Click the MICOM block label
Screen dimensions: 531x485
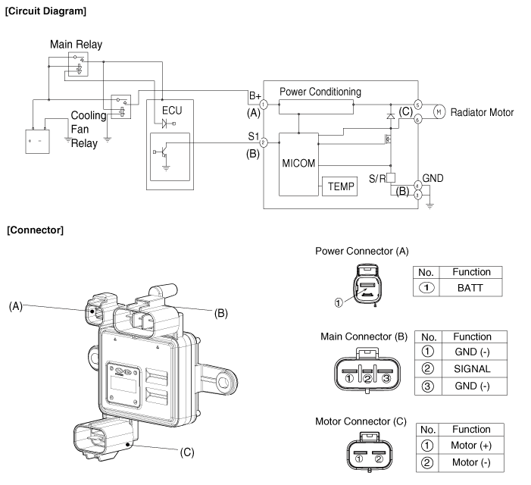tap(298, 163)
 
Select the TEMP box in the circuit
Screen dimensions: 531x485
tap(339, 186)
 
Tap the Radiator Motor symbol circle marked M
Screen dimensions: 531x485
tap(439, 112)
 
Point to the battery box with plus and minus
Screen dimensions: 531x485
tap(38, 141)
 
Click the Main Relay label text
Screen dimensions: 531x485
tap(77, 45)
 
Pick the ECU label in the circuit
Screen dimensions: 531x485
tap(172, 111)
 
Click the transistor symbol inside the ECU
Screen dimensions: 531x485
tap(163, 152)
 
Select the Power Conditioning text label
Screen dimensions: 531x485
tap(320, 92)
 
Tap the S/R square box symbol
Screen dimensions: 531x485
tap(391, 178)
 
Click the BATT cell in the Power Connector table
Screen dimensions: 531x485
tap(470, 288)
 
